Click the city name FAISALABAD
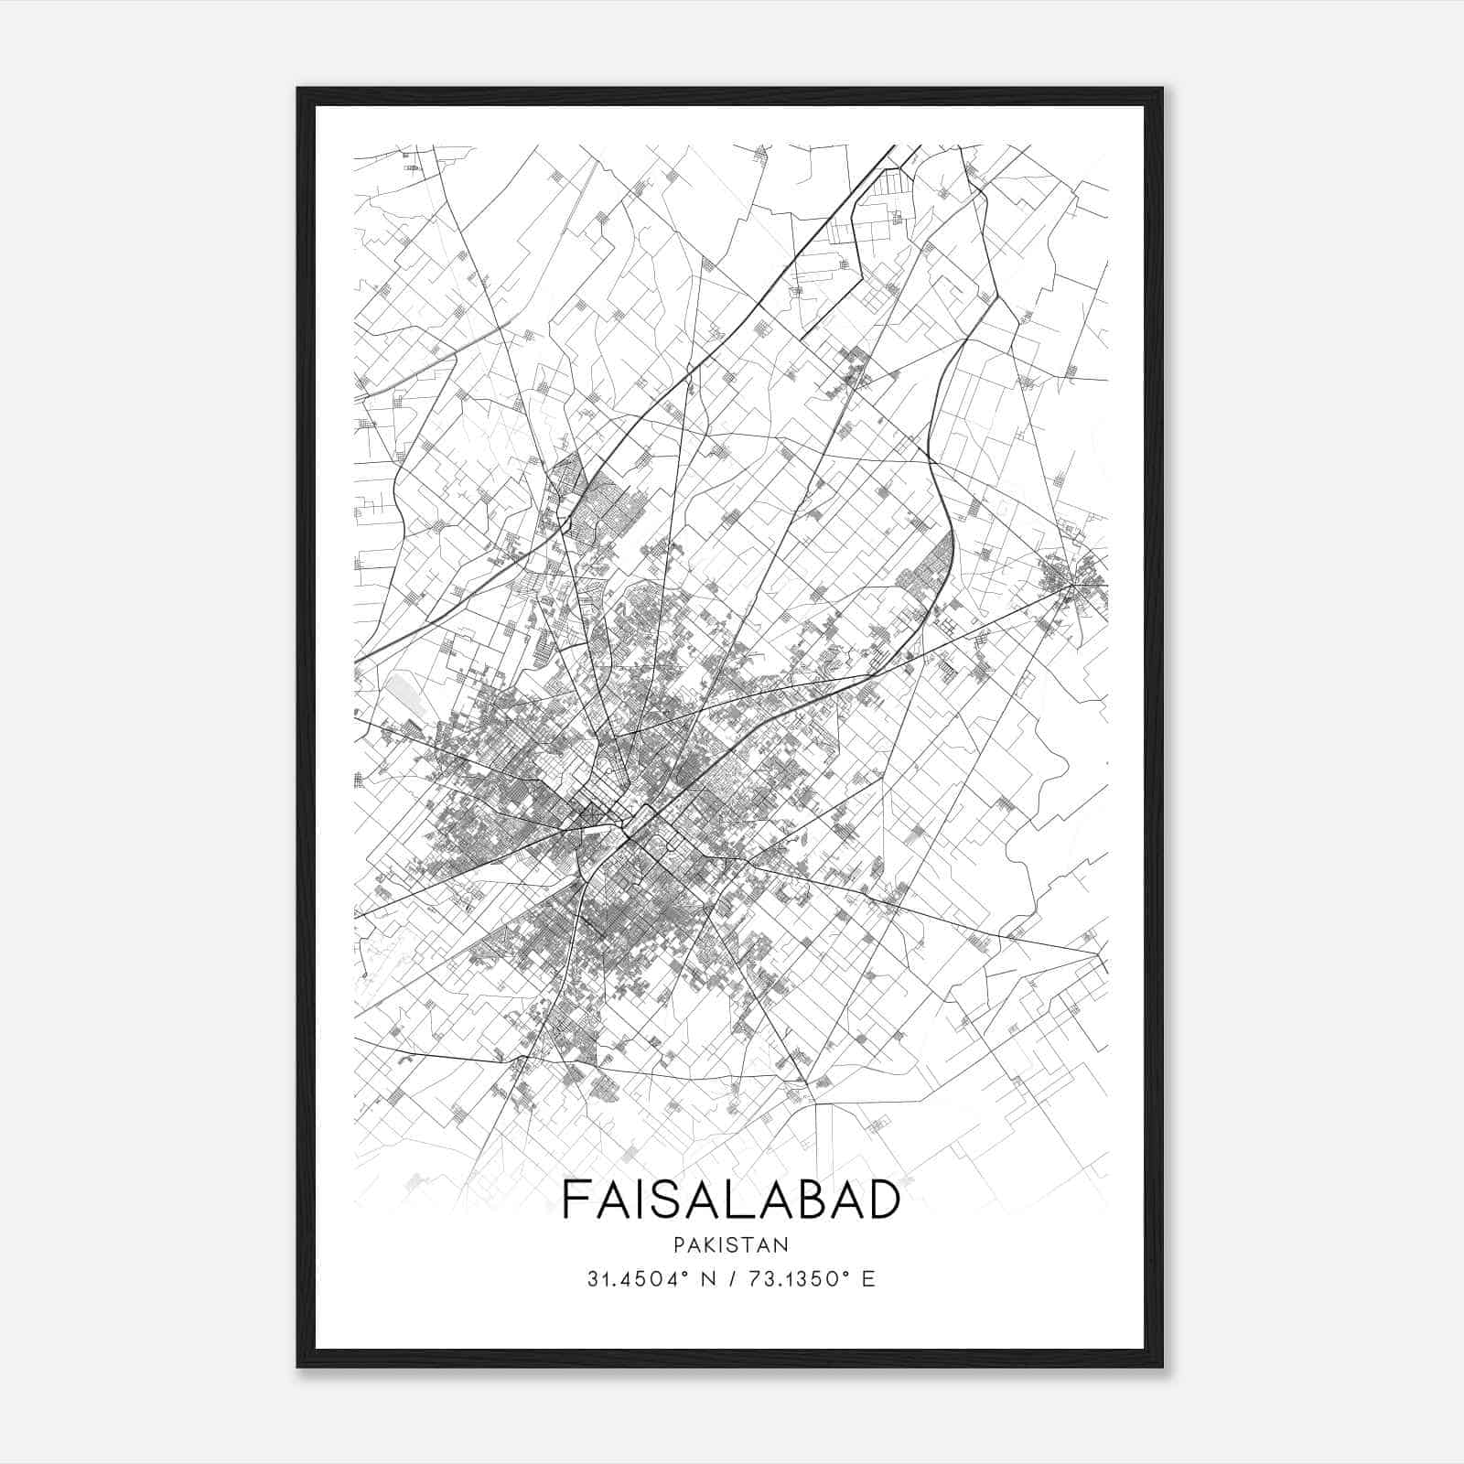click(731, 1200)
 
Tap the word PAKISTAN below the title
click(731, 1244)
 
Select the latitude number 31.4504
click(630, 1279)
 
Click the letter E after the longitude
click(868, 1279)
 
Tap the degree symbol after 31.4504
click(684, 1274)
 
